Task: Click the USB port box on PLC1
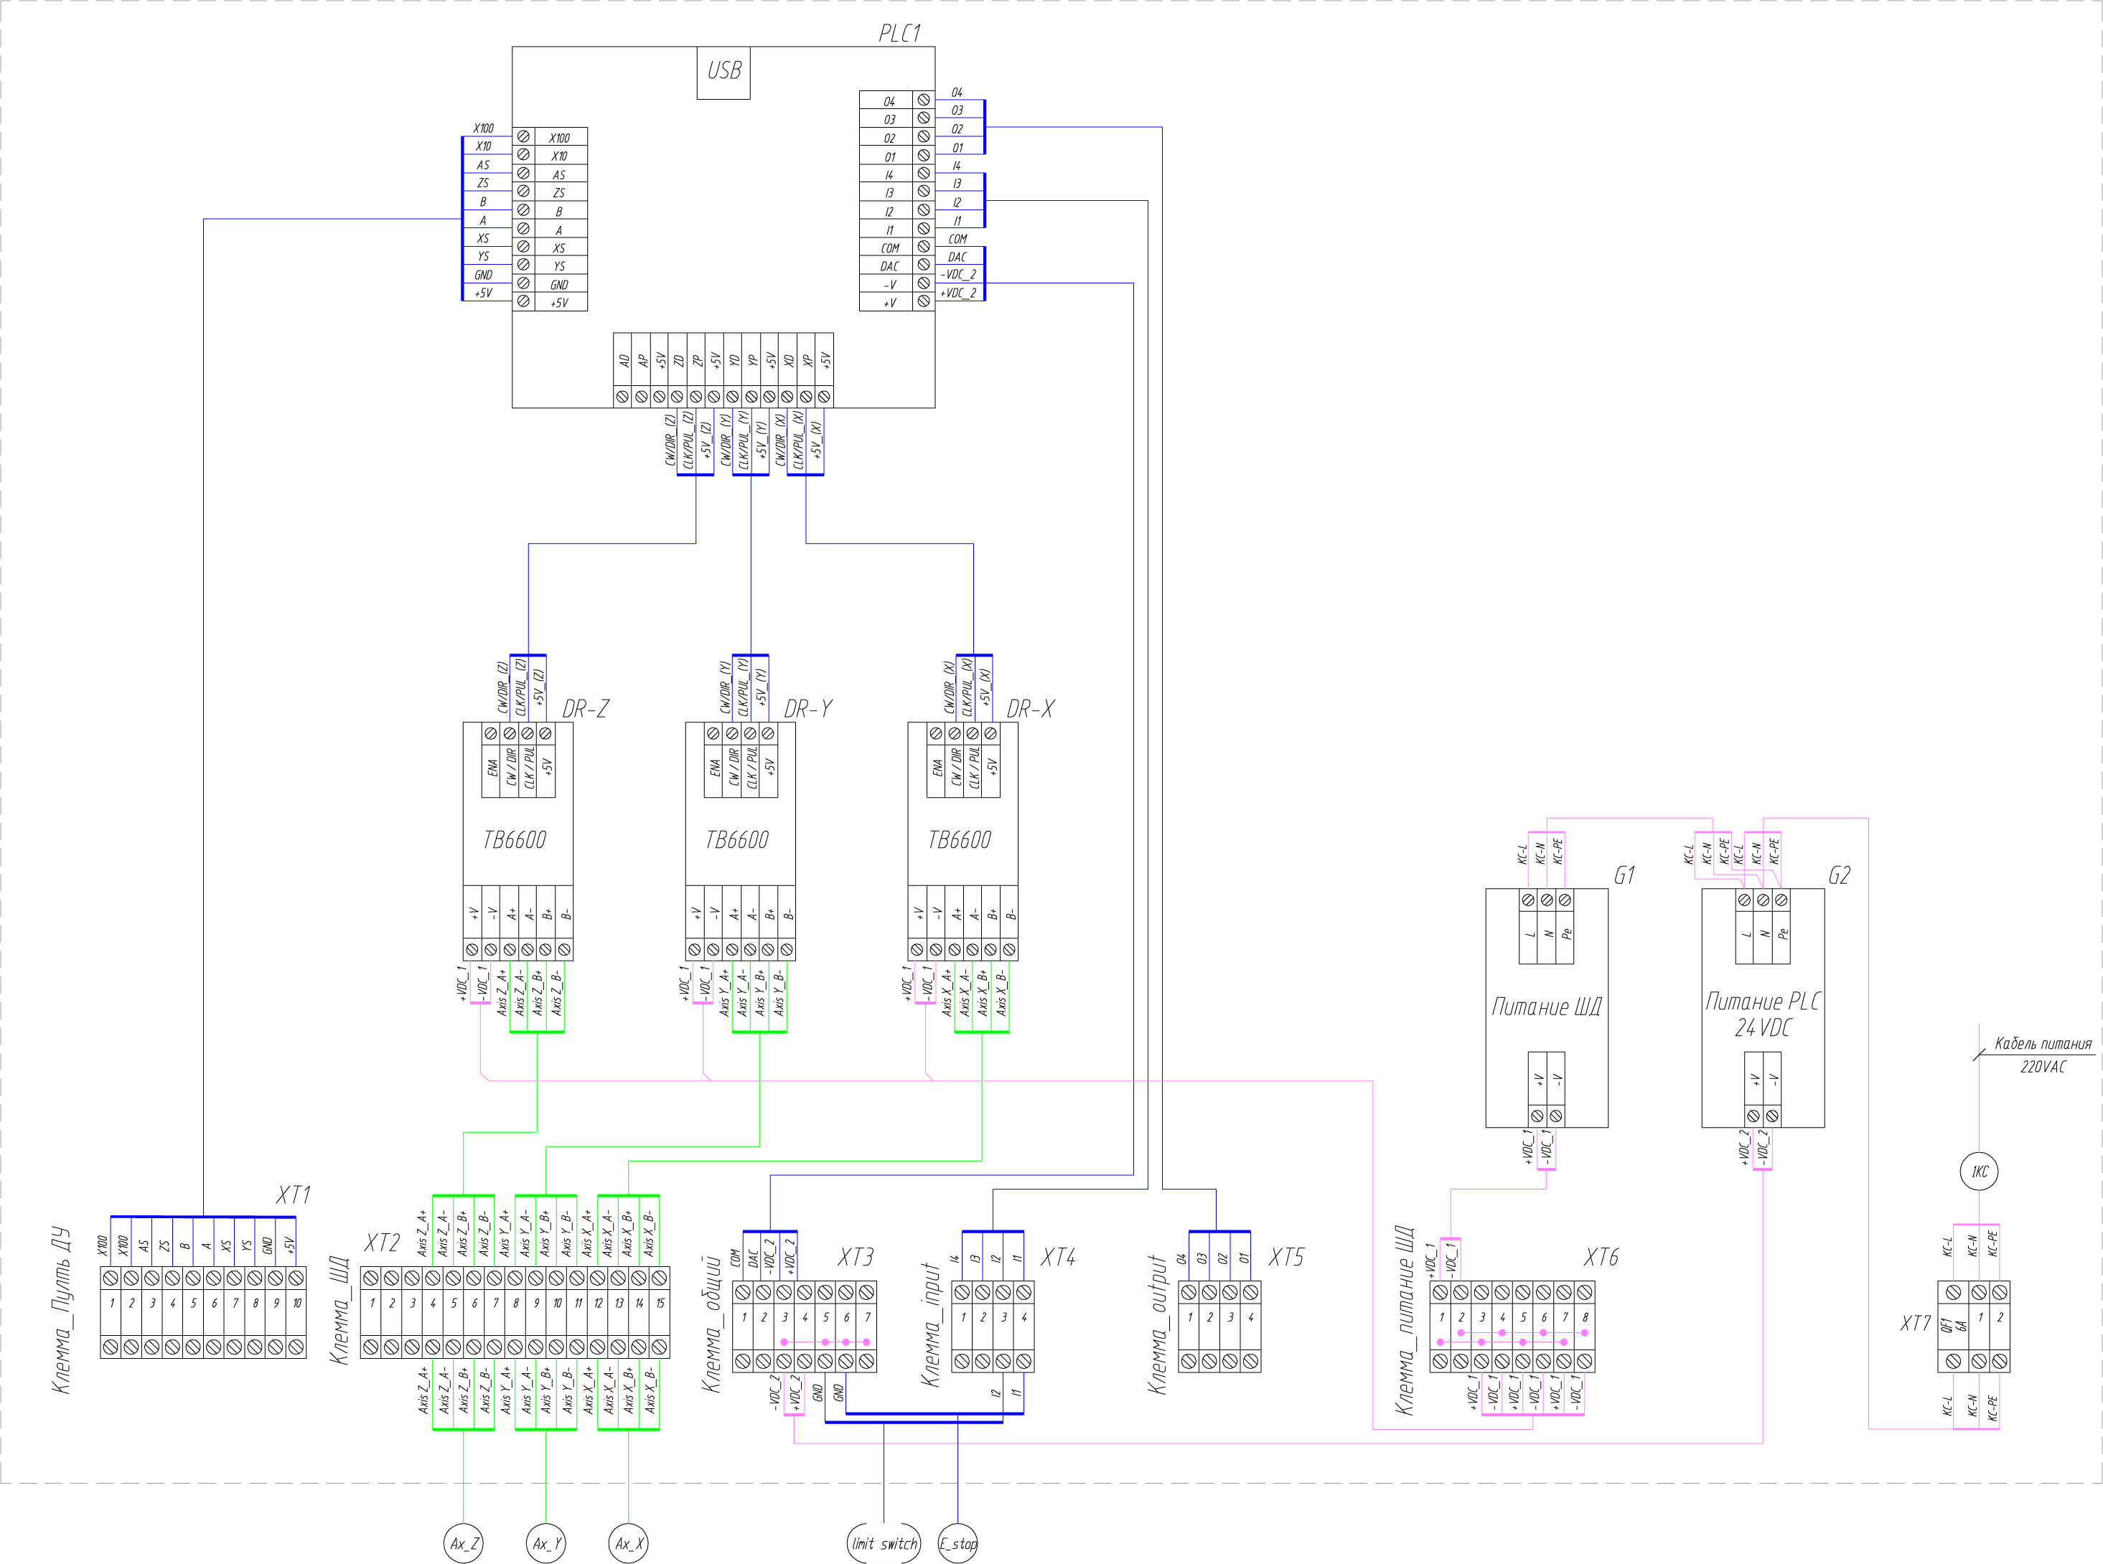pyautogui.click(x=723, y=72)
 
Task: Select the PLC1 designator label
pyautogui.click(x=899, y=33)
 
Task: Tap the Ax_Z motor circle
pyautogui.click(x=463, y=1543)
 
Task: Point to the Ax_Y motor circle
pyautogui.click(x=546, y=1543)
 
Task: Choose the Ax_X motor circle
pyautogui.click(x=629, y=1543)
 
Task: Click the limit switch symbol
pyautogui.click(x=884, y=1543)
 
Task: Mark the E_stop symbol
pyautogui.click(x=957, y=1543)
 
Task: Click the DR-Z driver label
pyautogui.click(x=585, y=709)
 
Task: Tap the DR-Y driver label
pyautogui.click(x=807, y=709)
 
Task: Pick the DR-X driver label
pyautogui.click(x=1030, y=709)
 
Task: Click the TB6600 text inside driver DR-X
pyautogui.click(x=959, y=839)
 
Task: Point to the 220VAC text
pyautogui.click(x=2043, y=1067)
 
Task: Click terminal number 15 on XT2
pyautogui.click(x=660, y=1304)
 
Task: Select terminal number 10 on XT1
pyautogui.click(x=296, y=1304)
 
